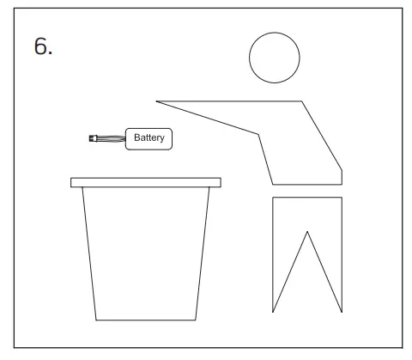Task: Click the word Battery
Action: click(149, 137)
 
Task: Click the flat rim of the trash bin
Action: click(145, 181)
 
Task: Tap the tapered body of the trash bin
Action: click(145, 249)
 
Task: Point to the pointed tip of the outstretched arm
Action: click(158, 101)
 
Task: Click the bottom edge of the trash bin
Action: click(145, 320)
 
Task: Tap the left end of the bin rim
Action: click(72, 181)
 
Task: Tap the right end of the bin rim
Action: click(219, 181)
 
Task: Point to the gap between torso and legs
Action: click(306, 191)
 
